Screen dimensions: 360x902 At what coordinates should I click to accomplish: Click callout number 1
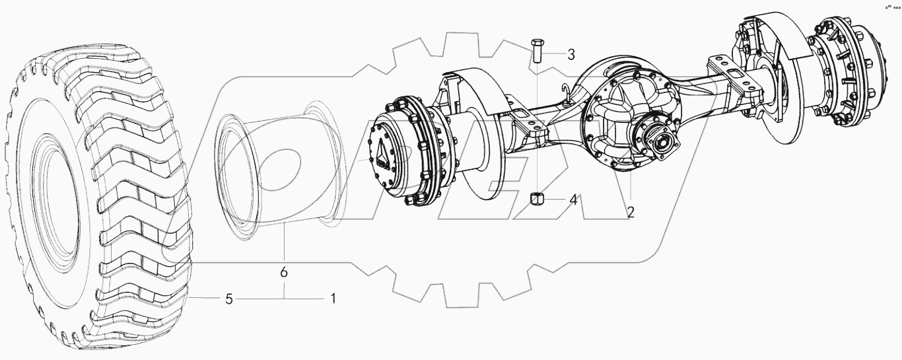pyautogui.click(x=333, y=299)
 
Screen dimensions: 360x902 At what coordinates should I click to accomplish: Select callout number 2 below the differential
pyautogui.click(x=631, y=213)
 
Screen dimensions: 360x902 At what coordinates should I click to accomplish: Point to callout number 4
pyautogui.click(x=573, y=199)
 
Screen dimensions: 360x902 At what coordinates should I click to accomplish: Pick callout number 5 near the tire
pyautogui.click(x=228, y=299)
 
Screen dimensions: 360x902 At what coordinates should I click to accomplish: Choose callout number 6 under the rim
pyautogui.click(x=285, y=272)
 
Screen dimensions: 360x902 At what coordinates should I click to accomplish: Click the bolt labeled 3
pyautogui.click(x=536, y=50)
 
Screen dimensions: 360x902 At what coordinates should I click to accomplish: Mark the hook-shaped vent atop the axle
pyautogui.click(x=566, y=93)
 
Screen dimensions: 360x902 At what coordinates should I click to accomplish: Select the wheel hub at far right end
pyautogui.click(x=858, y=76)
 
